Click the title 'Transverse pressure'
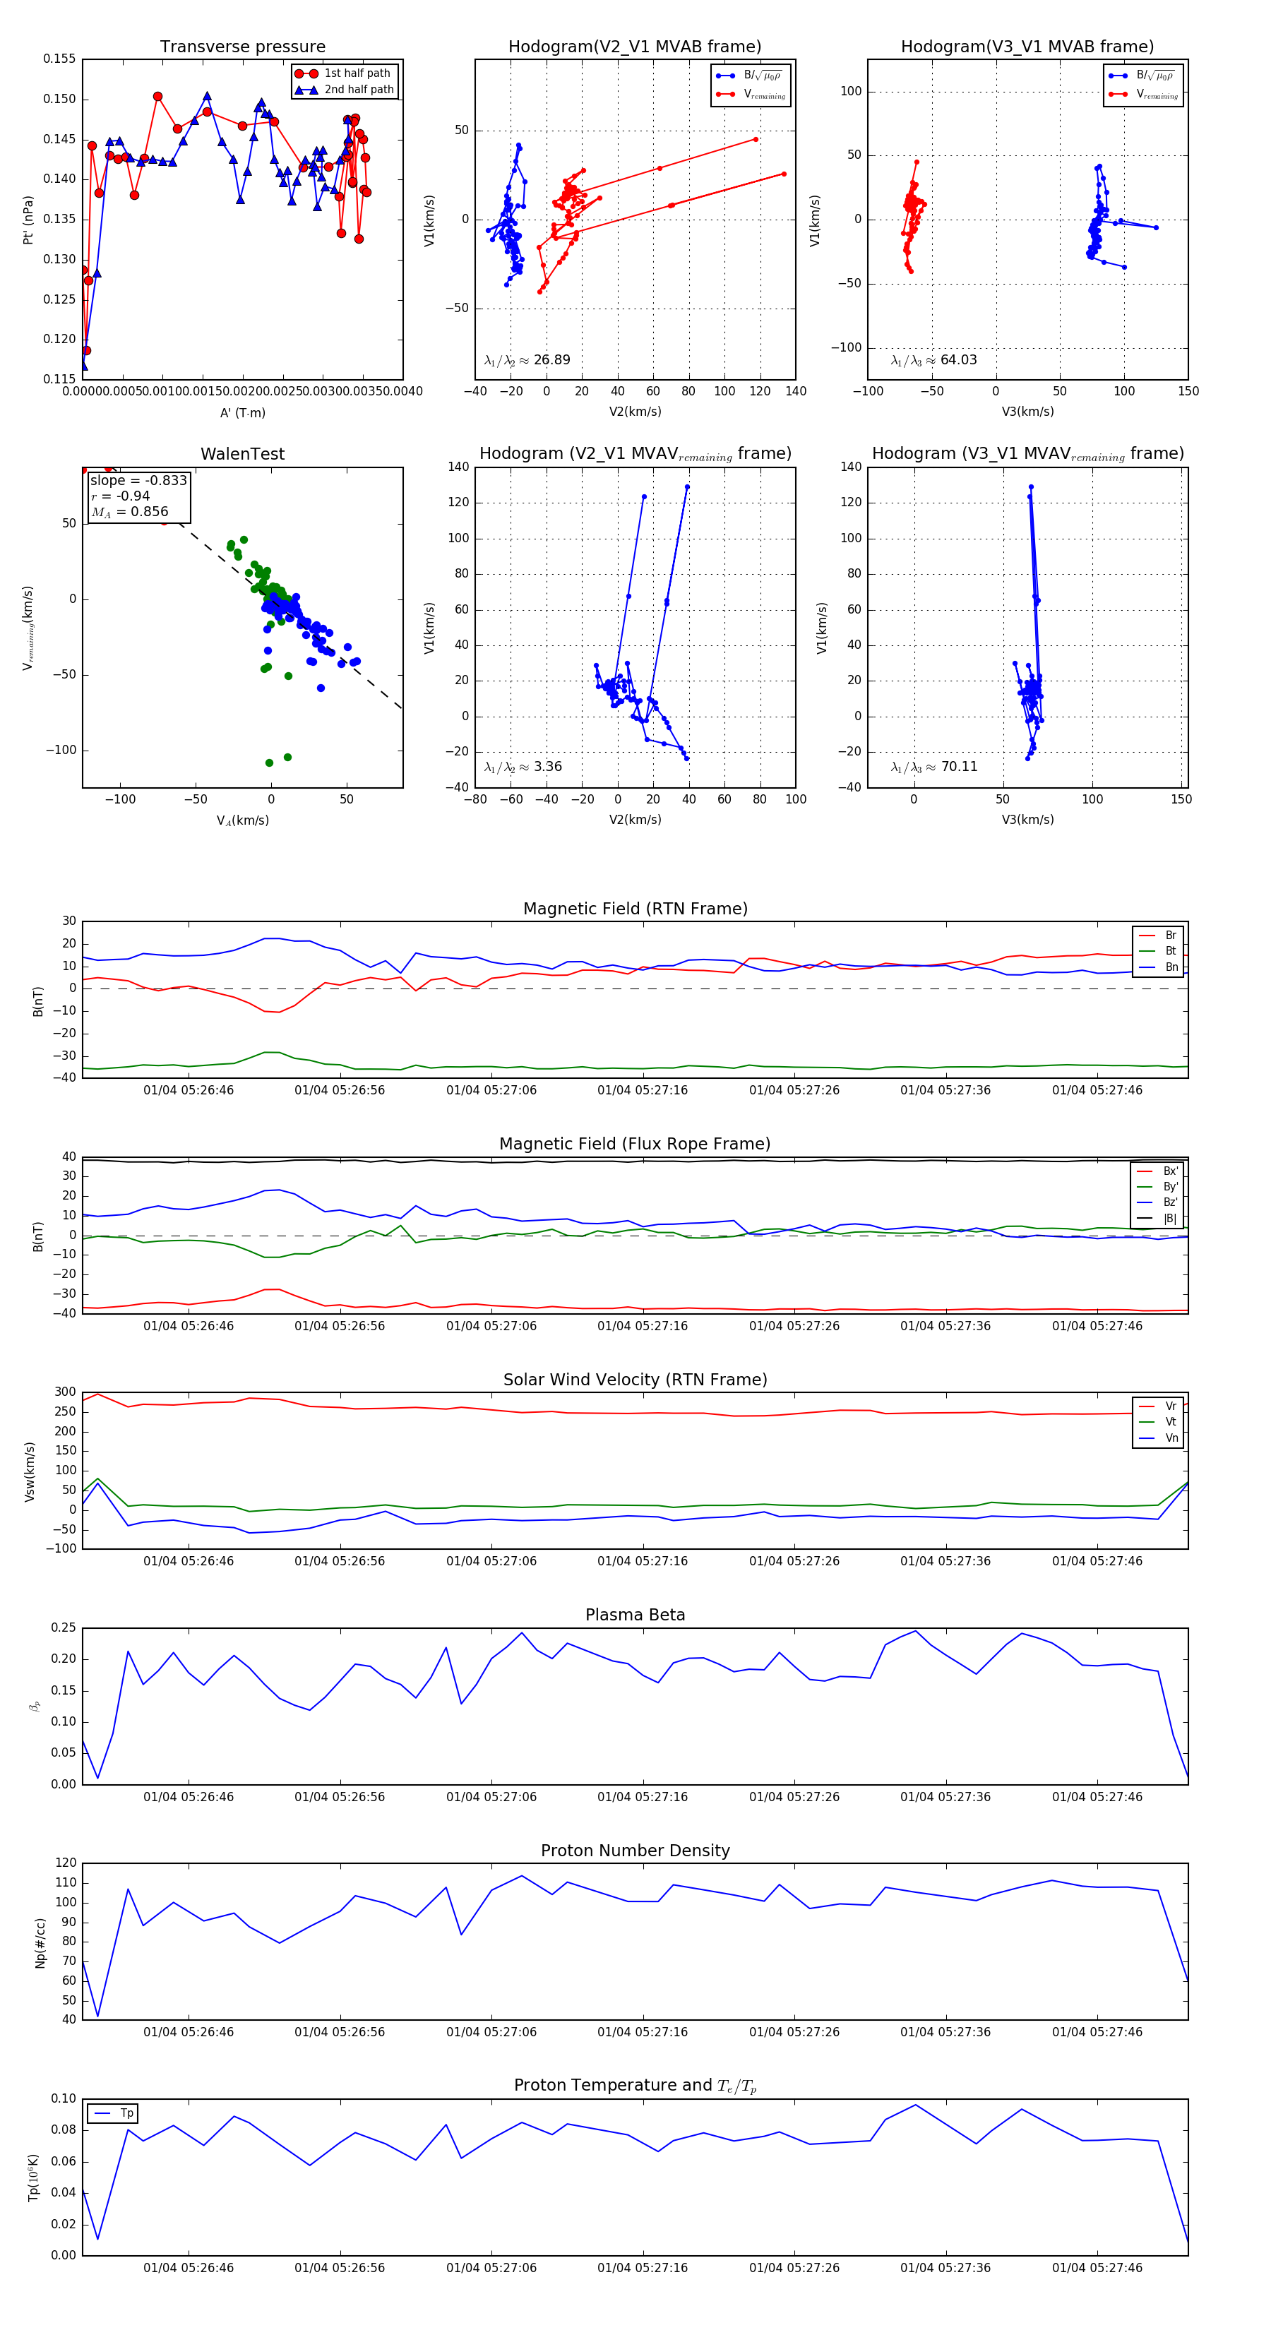[x=242, y=47]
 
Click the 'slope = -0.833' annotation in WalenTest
[x=138, y=480]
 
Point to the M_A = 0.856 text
[x=129, y=512]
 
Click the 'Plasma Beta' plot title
[x=635, y=1615]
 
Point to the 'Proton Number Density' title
[x=635, y=1851]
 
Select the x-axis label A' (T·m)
[x=242, y=413]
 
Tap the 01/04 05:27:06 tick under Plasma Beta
[x=491, y=1797]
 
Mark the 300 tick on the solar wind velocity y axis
[x=65, y=1392]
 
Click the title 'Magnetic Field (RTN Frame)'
[x=635, y=909]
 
